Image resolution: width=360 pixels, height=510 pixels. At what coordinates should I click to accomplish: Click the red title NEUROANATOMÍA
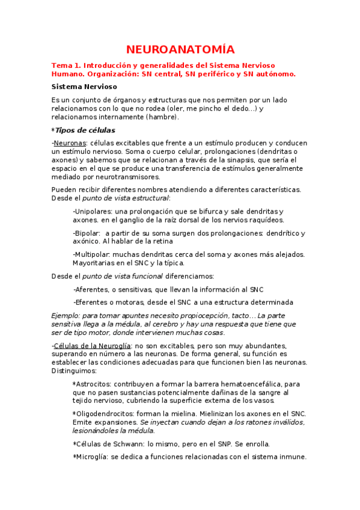pos(180,49)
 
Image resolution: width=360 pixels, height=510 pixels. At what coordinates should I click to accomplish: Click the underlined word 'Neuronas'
pos(70,143)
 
